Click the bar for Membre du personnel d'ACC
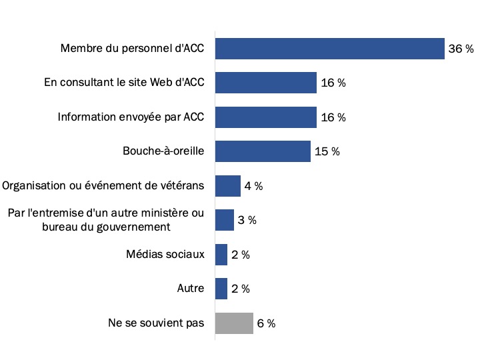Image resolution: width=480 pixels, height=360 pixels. coord(329,49)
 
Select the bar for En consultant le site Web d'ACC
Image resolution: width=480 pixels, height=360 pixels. coord(265,83)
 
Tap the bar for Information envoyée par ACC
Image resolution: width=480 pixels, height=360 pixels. coord(265,117)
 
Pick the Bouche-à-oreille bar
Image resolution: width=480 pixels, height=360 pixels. coord(263,151)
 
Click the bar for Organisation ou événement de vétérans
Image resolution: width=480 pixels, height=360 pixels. coord(227,186)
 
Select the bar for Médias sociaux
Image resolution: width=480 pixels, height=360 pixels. coord(221,255)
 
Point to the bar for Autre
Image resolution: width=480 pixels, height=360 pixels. coord(221,289)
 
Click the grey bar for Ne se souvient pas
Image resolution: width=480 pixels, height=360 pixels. coord(234,323)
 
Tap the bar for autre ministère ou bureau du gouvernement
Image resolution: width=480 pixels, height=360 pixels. coord(225,220)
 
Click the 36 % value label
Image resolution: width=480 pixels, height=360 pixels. coord(461,49)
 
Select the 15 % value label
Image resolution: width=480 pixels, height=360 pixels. coord(327,152)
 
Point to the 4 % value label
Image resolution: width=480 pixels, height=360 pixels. coord(253,187)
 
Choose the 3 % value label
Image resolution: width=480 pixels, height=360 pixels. coord(247,221)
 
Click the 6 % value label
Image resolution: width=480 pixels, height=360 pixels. coord(266,324)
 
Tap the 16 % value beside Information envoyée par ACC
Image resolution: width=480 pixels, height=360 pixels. coord(333,118)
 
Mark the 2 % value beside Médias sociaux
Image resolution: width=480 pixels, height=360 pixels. coord(241,255)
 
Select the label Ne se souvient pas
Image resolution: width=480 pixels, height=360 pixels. coord(156,323)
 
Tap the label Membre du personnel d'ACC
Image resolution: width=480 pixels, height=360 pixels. coord(132,49)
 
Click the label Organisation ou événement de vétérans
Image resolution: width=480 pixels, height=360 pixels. coord(104,186)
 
